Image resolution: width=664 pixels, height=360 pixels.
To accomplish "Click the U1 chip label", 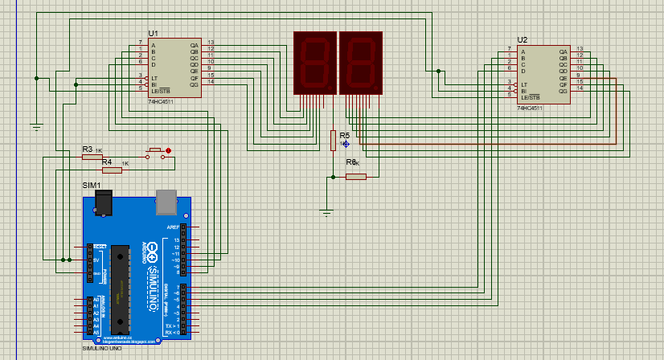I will click(x=153, y=33).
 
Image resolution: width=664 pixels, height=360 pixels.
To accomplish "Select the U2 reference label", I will click(x=523, y=39).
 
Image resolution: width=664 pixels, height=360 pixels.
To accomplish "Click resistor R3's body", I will click(x=92, y=157).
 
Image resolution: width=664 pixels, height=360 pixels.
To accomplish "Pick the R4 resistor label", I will click(x=107, y=162).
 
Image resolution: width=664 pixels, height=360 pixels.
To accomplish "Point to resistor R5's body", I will click(x=333, y=141).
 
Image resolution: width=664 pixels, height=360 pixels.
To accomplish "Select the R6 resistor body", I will click(x=355, y=177).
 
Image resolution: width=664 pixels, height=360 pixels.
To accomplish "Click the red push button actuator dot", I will click(x=169, y=150).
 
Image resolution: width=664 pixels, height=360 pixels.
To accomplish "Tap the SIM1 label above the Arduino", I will click(x=92, y=186).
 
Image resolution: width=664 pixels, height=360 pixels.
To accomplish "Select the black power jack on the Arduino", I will click(x=102, y=203).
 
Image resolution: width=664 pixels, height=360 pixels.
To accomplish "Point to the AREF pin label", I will click(x=172, y=227).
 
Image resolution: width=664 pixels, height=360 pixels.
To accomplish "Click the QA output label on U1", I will click(x=194, y=46).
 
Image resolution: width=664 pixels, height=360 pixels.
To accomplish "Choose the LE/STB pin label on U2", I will click(x=529, y=97).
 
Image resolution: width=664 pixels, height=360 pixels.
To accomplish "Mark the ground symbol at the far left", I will click(x=36, y=126).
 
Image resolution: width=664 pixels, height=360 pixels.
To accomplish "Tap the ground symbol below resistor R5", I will click(x=326, y=212).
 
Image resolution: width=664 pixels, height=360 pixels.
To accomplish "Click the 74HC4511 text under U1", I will click(x=161, y=103).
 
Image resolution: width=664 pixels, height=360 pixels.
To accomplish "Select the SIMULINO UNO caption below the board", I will click(x=103, y=349).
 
